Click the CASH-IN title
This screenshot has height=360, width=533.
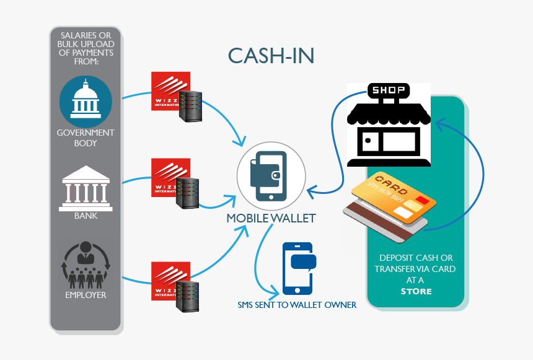click(x=271, y=55)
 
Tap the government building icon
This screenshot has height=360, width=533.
click(x=86, y=102)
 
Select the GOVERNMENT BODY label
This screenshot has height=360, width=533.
click(x=86, y=138)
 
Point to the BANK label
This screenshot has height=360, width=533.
click(x=86, y=216)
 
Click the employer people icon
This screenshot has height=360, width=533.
click(x=86, y=263)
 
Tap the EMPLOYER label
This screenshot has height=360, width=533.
click(x=86, y=295)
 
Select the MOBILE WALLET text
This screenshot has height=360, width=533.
click(x=271, y=218)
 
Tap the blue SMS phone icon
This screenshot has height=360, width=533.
click(x=299, y=268)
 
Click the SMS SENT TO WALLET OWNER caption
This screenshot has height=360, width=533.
click(x=297, y=305)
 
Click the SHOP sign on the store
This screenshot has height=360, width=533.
click(x=387, y=91)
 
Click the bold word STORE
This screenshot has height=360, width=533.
click(x=416, y=291)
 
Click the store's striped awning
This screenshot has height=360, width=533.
click(x=388, y=113)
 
